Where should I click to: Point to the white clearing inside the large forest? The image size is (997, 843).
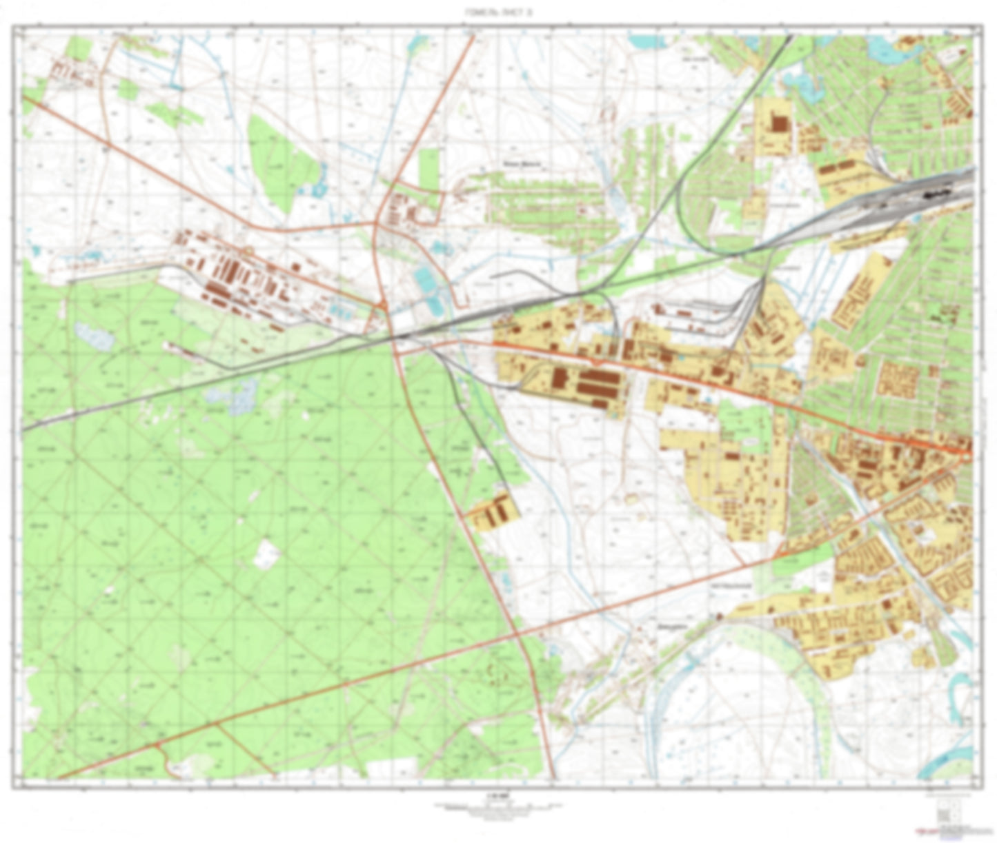[266, 553]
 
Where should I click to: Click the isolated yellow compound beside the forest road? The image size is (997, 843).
[492, 514]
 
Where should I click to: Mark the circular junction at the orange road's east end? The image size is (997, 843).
[967, 453]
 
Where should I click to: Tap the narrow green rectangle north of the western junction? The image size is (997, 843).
[428, 168]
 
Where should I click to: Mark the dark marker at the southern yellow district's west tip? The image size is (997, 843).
[720, 617]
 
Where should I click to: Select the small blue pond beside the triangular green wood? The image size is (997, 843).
[319, 188]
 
